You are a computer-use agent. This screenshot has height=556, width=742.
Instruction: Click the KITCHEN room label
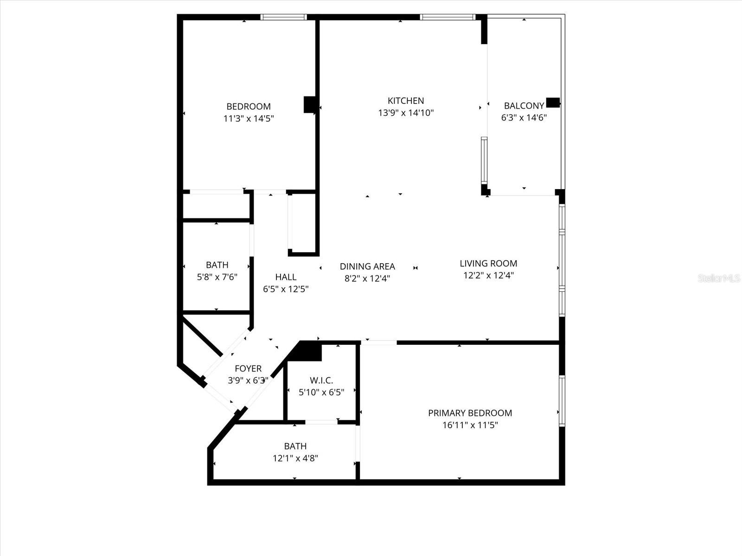coord(406,101)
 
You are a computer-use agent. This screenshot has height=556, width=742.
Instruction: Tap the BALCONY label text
coord(524,106)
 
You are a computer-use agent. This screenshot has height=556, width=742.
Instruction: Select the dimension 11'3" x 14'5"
coord(249,119)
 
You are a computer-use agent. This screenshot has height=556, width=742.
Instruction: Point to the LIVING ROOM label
coord(488,263)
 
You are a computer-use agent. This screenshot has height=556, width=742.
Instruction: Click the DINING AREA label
coord(367,266)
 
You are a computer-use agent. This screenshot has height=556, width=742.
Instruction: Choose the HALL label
coord(286,277)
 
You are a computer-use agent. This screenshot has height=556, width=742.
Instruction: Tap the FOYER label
coord(248,369)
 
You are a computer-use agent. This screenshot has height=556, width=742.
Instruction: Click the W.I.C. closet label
coord(321,380)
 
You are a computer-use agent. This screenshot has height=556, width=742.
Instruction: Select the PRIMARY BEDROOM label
coord(470,413)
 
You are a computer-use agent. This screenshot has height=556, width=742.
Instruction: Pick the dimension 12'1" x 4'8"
coord(295,458)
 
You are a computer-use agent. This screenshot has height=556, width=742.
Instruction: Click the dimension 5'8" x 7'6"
coord(217,277)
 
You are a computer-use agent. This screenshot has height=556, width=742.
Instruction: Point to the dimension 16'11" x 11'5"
coord(470,425)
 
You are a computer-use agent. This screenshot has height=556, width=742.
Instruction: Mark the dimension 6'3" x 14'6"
coord(524,118)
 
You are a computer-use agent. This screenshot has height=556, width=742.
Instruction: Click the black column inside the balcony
coord(553,102)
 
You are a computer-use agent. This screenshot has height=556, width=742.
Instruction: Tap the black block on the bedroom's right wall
coord(309,104)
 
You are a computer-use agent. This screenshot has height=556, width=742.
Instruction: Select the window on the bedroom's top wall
coord(283,17)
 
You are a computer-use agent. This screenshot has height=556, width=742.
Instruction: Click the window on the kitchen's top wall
coord(448,17)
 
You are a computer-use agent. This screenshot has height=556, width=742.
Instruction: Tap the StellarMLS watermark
coord(718,278)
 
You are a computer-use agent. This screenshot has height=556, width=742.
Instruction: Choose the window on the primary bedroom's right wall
coord(562,401)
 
